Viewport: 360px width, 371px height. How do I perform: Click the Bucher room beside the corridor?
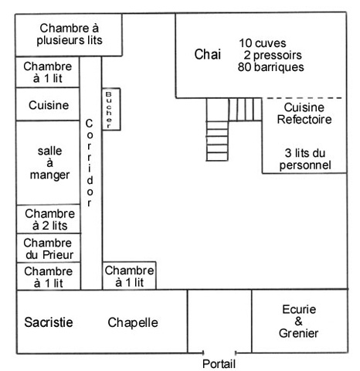pos(111,109)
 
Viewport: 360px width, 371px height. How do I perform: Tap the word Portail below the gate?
pos(219,364)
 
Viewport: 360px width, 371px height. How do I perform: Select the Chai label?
pos(208,54)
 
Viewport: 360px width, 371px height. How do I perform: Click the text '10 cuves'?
pos(263,43)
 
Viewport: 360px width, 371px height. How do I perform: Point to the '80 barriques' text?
pos(270,67)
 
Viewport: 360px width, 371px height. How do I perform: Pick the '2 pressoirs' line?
pos(273,55)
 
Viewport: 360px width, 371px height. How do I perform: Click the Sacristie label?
pos(49,322)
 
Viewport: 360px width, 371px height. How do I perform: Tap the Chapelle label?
pos(133,322)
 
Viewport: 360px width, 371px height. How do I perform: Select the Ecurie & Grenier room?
pos(300,321)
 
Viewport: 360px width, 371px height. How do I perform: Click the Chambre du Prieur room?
pos(49,248)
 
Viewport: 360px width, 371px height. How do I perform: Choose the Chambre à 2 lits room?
pos(49,220)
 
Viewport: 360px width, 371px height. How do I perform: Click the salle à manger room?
pos(48,162)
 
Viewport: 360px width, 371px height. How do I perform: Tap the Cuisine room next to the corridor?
pos(48,104)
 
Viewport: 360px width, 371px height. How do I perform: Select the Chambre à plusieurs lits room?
pos(69,35)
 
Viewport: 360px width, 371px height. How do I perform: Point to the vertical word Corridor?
pos(89,163)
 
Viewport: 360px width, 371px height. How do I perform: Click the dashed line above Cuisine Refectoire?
pos(304,98)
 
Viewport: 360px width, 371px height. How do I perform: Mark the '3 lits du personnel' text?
pos(305,159)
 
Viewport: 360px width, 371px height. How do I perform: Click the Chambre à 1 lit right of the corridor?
pos(129,276)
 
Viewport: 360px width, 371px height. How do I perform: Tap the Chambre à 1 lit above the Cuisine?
pos(48,72)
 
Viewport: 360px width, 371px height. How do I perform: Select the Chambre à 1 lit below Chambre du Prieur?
pos(49,277)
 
